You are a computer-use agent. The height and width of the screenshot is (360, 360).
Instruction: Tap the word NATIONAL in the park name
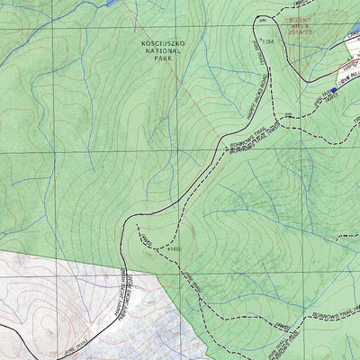(x=161, y=51)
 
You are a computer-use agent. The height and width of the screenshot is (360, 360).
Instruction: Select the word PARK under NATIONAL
(x=161, y=60)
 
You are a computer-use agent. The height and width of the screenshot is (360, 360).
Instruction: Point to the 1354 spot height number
(x=267, y=41)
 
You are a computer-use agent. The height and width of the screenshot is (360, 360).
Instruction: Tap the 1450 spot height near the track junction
(x=175, y=248)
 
